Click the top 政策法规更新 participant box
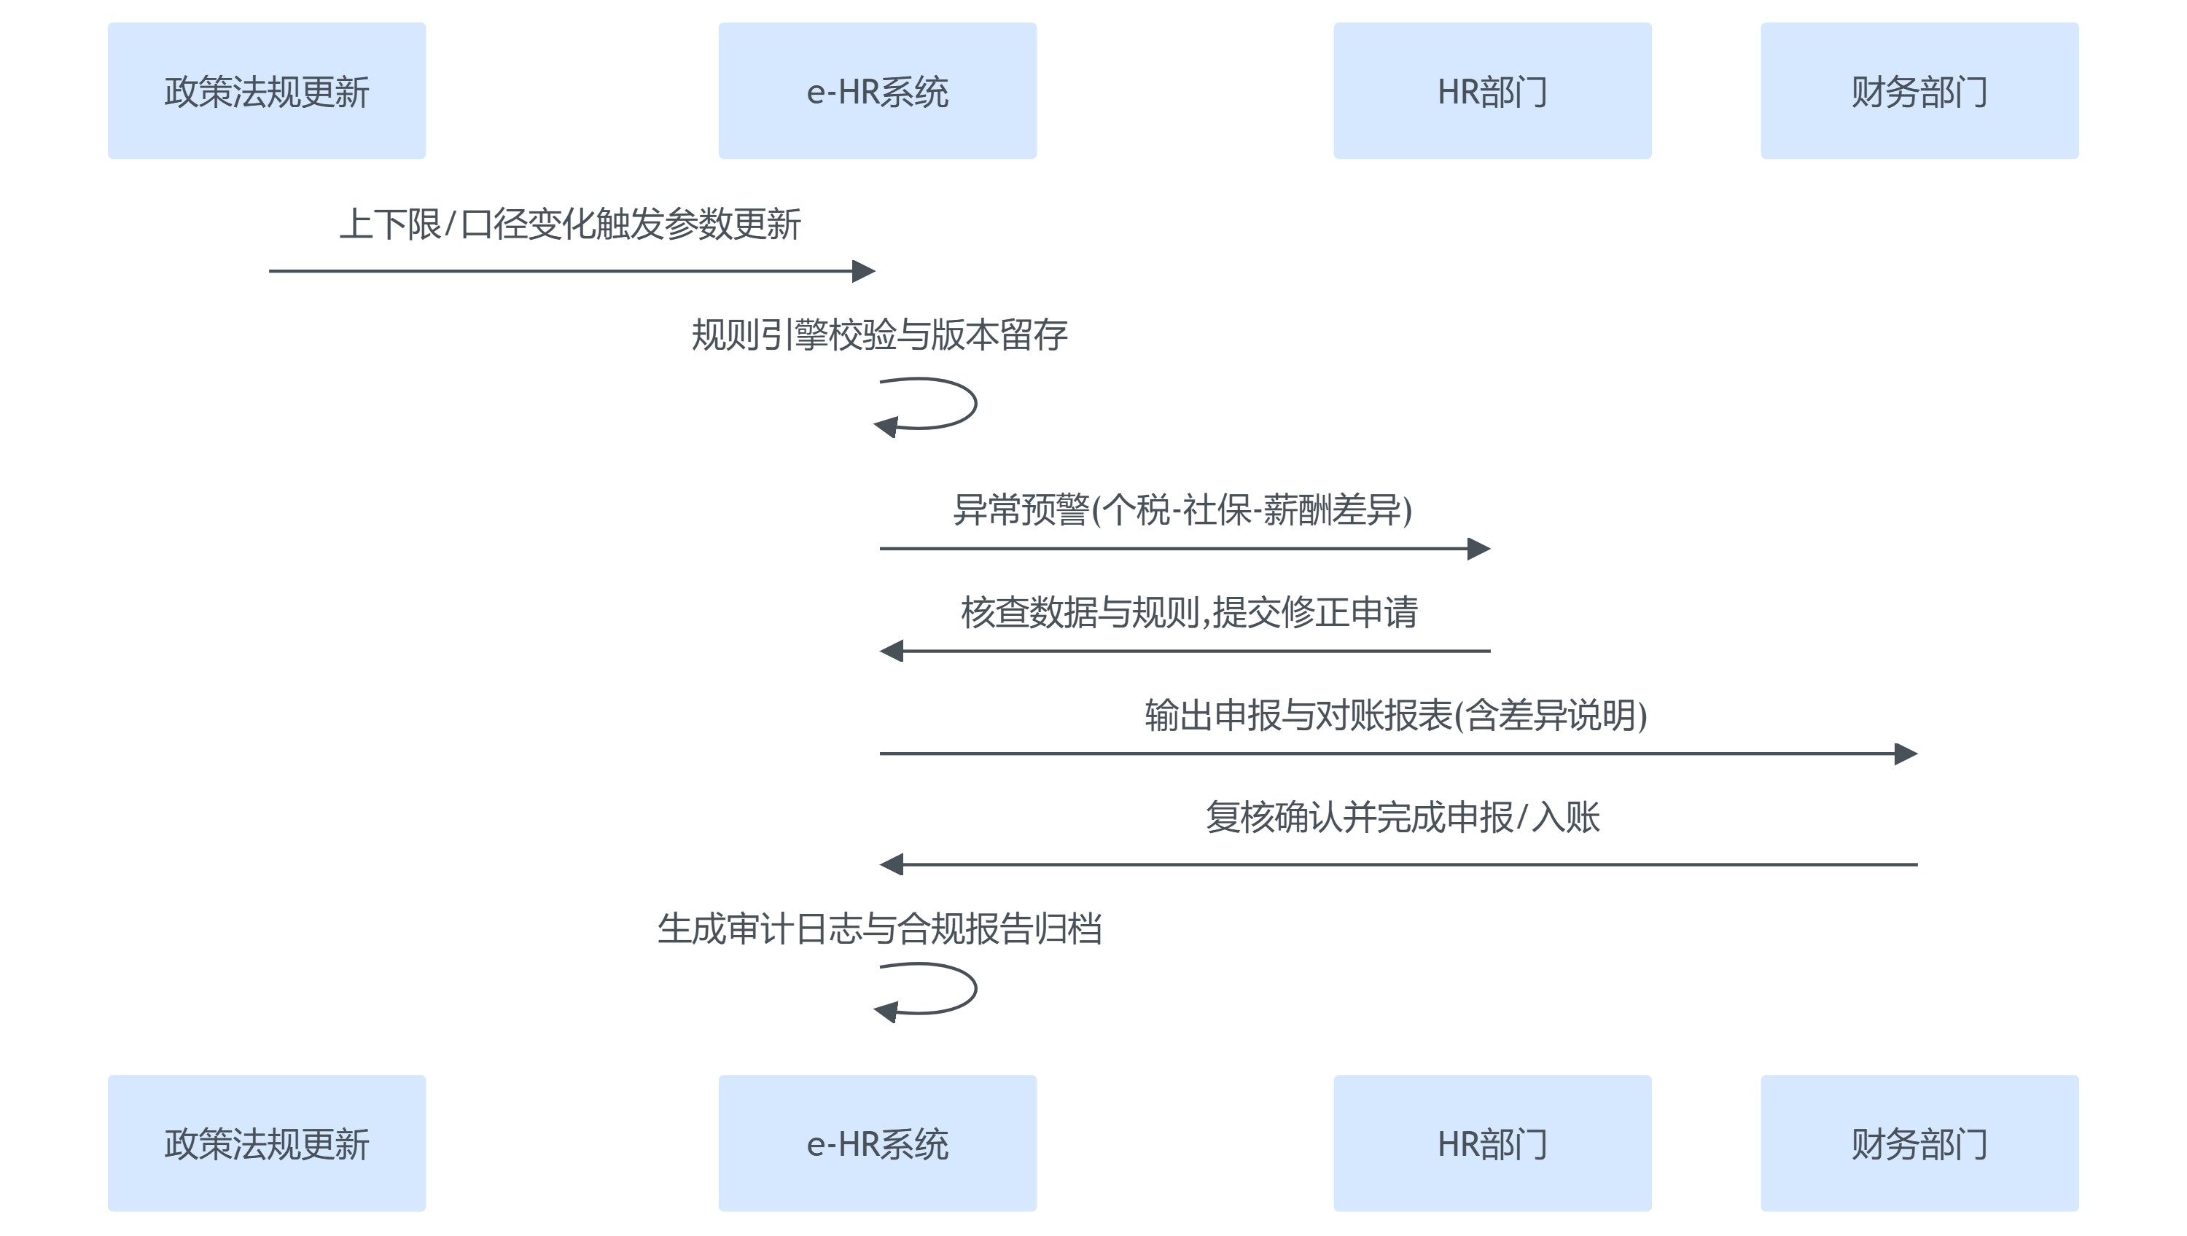266,91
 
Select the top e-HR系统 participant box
877,91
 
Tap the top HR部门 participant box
1492,91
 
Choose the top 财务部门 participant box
1919,91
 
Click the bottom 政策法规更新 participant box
266,1143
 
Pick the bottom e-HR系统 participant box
877,1143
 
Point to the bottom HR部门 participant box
1492,1143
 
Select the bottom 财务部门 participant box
1919,1143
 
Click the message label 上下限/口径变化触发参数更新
569,224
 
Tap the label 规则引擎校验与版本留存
880,335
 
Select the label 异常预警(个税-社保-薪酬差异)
1182,510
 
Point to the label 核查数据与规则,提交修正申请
1188,612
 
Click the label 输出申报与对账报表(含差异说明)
1396,715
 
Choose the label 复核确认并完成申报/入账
1403,817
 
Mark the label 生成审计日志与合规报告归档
880,928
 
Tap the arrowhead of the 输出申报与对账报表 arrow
1906,754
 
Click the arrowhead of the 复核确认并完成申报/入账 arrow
892,864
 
